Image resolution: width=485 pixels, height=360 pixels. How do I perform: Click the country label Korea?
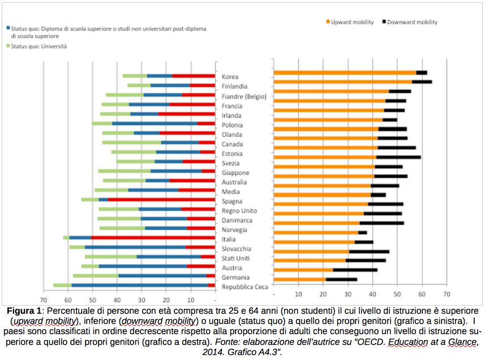tap(230, 77)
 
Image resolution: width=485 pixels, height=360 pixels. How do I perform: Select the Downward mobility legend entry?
tap(413, 22)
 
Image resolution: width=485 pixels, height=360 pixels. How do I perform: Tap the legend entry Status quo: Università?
tap(39, 46)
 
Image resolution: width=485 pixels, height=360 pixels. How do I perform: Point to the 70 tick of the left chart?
tap(43, 300)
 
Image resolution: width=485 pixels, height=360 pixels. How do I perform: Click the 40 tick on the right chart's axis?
tap(372, 295)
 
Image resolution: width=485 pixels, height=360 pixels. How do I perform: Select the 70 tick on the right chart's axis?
tap(447, 295)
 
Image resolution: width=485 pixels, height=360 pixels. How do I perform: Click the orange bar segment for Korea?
tap(345, 72)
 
